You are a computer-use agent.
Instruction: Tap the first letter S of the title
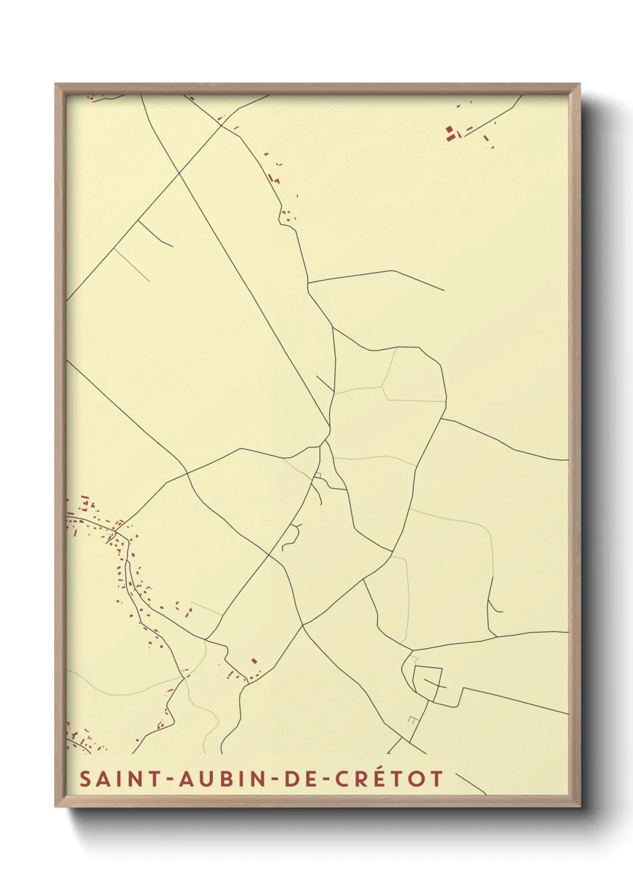pos(86,779)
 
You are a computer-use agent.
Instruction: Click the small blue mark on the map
pos(192,99)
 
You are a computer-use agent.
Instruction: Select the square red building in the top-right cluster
pos(449,129)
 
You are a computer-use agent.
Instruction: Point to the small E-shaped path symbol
pos(412,720)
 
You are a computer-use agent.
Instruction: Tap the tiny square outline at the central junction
pos(319,476)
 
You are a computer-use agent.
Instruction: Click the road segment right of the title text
pos(470,784)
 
